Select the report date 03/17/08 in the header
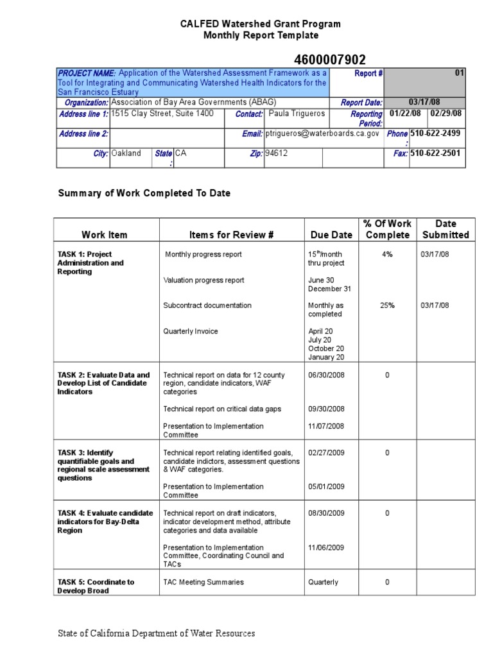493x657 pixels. (425, 103)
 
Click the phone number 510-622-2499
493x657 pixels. (435, 134)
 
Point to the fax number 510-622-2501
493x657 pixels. (435, 154)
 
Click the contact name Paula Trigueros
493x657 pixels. (297, 114)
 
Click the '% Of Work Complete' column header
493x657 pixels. (387, 229)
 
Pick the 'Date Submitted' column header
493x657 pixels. (445, 229)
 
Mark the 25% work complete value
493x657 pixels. (387, 306)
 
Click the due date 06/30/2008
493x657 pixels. (326, 375)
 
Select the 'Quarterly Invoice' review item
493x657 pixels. (191, 332)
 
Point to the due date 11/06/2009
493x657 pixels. (326, 548)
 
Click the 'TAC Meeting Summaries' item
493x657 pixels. (203, 583)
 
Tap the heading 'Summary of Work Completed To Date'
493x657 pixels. (144, 193)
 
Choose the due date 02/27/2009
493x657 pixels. (326, 453)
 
